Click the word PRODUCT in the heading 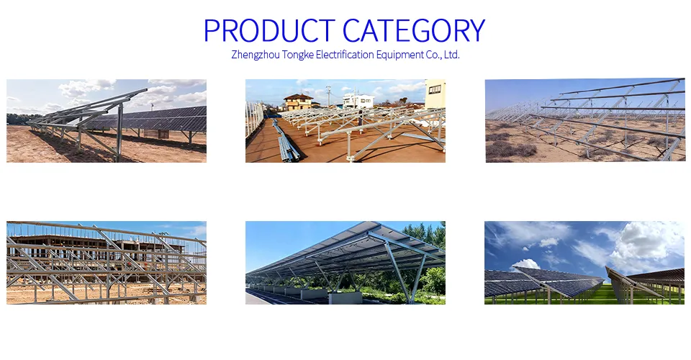[x=269, y=31]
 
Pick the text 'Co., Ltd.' [x=441, y=55]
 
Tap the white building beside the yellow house [x=358, y=100]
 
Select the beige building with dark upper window [x=435, y=94]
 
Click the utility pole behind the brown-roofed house [x=328, y=96]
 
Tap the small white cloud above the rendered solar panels [x=525, y=264]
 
